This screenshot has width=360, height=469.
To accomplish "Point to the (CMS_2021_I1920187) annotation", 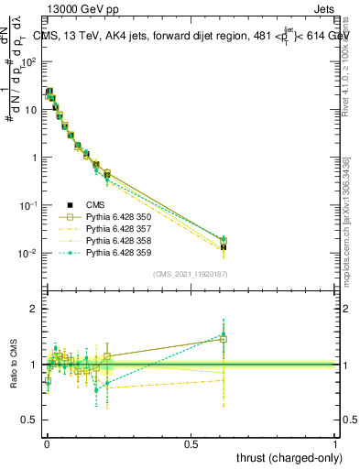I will coord(191,274).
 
